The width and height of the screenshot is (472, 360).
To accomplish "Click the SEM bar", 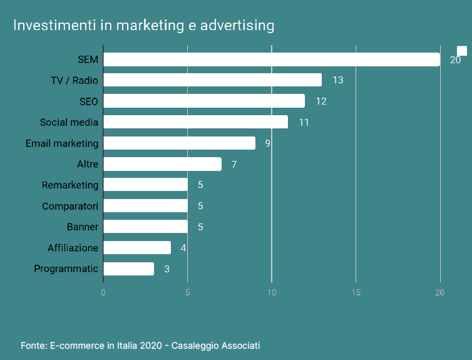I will point(271,59).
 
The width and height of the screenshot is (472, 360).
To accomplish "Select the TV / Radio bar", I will point(212,80).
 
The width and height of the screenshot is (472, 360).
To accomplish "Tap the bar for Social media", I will point(195,122).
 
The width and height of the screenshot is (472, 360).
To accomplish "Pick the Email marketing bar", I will point(179,143).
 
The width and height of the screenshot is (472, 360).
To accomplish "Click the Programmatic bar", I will point(128,269).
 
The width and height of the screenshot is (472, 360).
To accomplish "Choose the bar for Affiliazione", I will point(137,248).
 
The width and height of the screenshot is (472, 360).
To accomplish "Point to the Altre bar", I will point(162,164).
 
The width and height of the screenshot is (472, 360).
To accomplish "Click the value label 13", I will point(338,80).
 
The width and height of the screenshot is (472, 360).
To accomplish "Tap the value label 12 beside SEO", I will point(321,101).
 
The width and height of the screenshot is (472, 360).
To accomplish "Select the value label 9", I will point(267,143).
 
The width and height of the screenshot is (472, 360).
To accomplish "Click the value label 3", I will point(167,269).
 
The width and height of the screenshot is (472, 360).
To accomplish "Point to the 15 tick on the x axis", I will point(356,292).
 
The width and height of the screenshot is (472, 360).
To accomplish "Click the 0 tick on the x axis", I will point(103,292).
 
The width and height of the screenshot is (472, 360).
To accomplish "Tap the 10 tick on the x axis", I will point(272,292).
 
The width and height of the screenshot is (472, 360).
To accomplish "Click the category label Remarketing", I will point(70,185).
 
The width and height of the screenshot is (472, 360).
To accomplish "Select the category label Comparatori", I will point(70,206).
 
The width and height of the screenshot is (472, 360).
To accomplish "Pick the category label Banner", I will point(83,227).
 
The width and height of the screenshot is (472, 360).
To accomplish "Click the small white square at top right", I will point(462,51).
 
